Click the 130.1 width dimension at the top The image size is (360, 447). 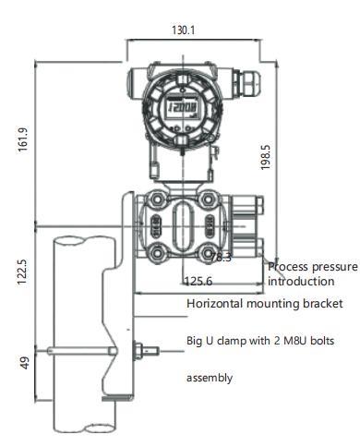click(184, 30)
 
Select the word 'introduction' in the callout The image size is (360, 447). click(301, 281)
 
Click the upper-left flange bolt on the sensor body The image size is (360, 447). click(156, 199)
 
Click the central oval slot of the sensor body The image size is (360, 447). click(184, 224)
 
